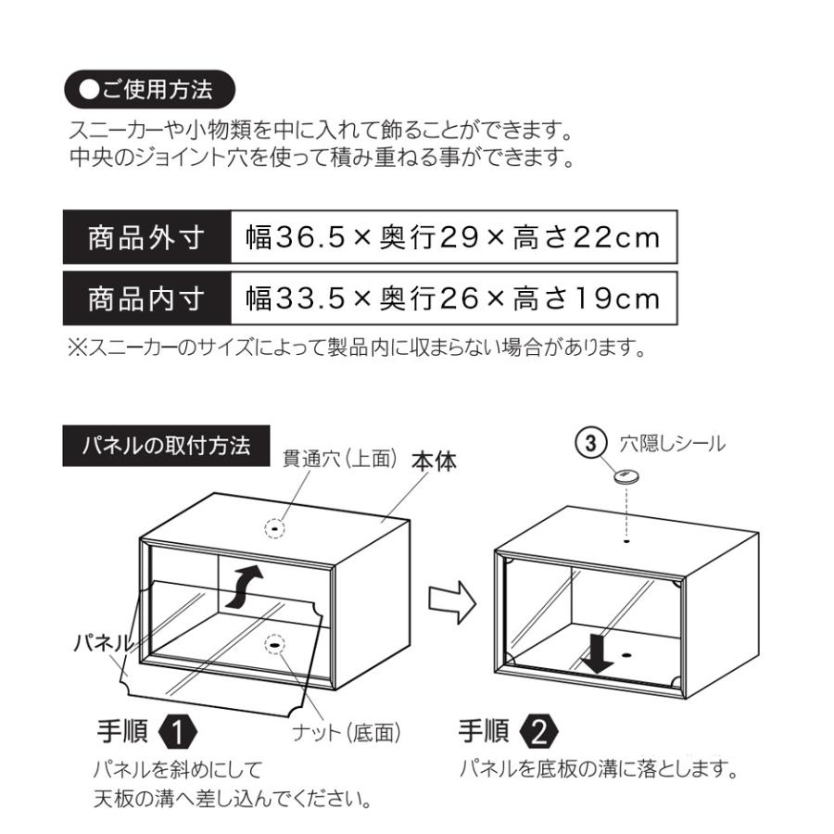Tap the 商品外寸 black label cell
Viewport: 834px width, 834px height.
click(146, 239)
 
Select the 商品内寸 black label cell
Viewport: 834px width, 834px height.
click(146, 299)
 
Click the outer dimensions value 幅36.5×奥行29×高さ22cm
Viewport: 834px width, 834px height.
click(453, 239)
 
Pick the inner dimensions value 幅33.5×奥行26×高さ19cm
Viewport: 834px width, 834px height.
click(453, 299)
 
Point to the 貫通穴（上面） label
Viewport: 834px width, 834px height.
click(340, 459)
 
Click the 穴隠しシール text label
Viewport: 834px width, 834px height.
click(672, 444)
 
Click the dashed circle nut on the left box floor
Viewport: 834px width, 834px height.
click(275, 644)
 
